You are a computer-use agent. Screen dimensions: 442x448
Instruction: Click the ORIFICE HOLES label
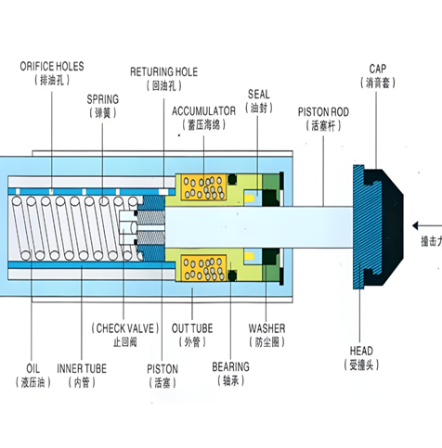coord(52,67)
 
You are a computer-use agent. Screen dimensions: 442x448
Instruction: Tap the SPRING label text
coord(103,99)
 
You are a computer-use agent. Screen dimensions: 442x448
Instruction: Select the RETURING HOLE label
coord(163,72)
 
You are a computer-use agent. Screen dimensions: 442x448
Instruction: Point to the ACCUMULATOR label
coord(203,111)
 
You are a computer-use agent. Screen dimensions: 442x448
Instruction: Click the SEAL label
coord(259,95)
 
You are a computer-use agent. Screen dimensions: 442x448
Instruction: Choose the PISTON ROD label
coord(323,112)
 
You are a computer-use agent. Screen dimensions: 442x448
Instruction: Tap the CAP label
coord(378,69)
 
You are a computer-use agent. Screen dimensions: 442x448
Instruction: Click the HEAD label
coord(361,351)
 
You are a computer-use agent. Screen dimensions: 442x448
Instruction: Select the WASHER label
coord(266,328)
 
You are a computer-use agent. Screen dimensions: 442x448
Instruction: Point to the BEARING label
coord(230,367)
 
